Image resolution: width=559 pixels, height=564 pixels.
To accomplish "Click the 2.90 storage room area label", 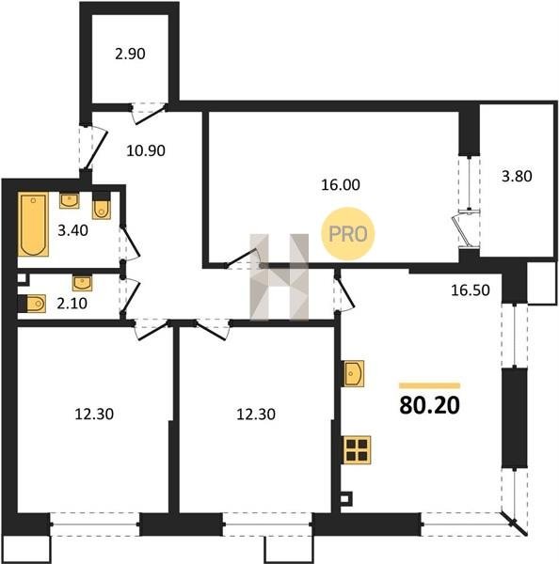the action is [130, 54].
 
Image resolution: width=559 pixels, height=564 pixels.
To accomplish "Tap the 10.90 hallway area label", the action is [146, 150].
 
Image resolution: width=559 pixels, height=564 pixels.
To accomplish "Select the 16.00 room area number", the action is [341, 185].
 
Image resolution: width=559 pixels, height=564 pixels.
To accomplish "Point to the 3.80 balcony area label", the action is [517, 177].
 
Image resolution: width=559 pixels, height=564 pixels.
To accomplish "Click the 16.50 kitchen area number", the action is [471, 290].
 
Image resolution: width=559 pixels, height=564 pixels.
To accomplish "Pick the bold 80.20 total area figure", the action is [430, 405].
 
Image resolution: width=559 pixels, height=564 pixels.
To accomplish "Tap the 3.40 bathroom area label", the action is [72, 230].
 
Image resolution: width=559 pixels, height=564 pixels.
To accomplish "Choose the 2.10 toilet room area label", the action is [72, 304].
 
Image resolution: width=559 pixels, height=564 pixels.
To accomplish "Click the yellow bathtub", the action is [33, 224].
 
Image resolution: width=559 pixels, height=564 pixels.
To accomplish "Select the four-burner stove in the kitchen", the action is [357, 450].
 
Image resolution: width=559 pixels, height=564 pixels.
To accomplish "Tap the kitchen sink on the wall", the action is [353, 374].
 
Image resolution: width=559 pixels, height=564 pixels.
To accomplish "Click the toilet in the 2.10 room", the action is [32, 304].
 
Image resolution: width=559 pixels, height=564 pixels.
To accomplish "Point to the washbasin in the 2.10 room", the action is [82, 283].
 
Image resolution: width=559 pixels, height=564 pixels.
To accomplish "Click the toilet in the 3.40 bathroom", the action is [102, 207].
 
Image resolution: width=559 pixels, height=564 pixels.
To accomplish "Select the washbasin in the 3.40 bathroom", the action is [69, 201].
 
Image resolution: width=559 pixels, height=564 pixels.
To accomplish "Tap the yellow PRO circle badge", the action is [348, 234].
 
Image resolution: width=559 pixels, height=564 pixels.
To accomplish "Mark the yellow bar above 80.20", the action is [430, 386].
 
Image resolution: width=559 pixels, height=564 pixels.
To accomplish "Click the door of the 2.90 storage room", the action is [148, 114].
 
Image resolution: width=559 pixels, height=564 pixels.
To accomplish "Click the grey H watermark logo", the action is [279, 276].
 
